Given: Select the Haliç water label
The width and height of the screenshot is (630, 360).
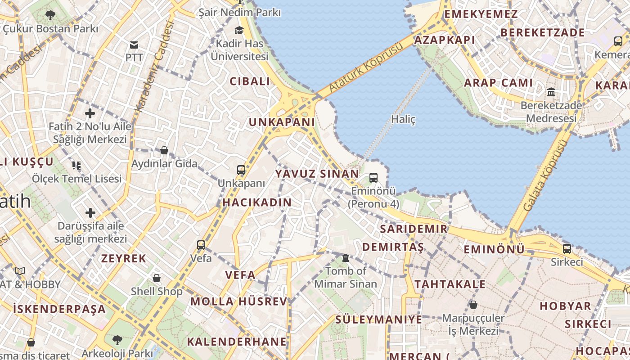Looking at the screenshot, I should pos(403,120).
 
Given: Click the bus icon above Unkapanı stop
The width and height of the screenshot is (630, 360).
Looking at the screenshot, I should pos(241,170).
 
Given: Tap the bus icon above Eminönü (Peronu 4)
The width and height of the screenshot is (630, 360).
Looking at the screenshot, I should pos(373,178).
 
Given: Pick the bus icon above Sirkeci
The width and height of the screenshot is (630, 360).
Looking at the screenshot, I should pos(567,248).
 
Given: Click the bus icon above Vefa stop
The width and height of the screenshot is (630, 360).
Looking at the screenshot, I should pos(201,245).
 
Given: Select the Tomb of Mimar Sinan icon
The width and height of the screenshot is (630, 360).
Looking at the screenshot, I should pos(346,258).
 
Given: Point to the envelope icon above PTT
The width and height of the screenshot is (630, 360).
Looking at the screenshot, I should pos(134,45).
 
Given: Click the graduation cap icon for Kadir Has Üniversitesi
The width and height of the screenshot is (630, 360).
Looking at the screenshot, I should pos(239,31).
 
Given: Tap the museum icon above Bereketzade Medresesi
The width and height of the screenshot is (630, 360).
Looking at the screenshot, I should pos(551,93).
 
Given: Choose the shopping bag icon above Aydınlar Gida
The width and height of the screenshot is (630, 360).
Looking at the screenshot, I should pos(164,150).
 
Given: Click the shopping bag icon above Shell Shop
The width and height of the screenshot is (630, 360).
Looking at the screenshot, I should pos(157,278).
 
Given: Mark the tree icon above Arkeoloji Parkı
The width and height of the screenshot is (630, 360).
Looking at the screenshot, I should pos(117,340).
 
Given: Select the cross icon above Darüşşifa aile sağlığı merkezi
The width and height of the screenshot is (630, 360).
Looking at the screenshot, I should pos(90,212).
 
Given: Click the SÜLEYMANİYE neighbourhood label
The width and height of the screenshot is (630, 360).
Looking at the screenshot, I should pos(378,319).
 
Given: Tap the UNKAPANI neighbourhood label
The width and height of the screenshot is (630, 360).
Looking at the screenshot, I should pos(282,122).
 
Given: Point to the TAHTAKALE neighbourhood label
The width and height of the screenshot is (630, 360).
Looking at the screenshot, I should pos(450,284).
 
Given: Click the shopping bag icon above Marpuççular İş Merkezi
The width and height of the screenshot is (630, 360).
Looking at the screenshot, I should pos(473,305).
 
